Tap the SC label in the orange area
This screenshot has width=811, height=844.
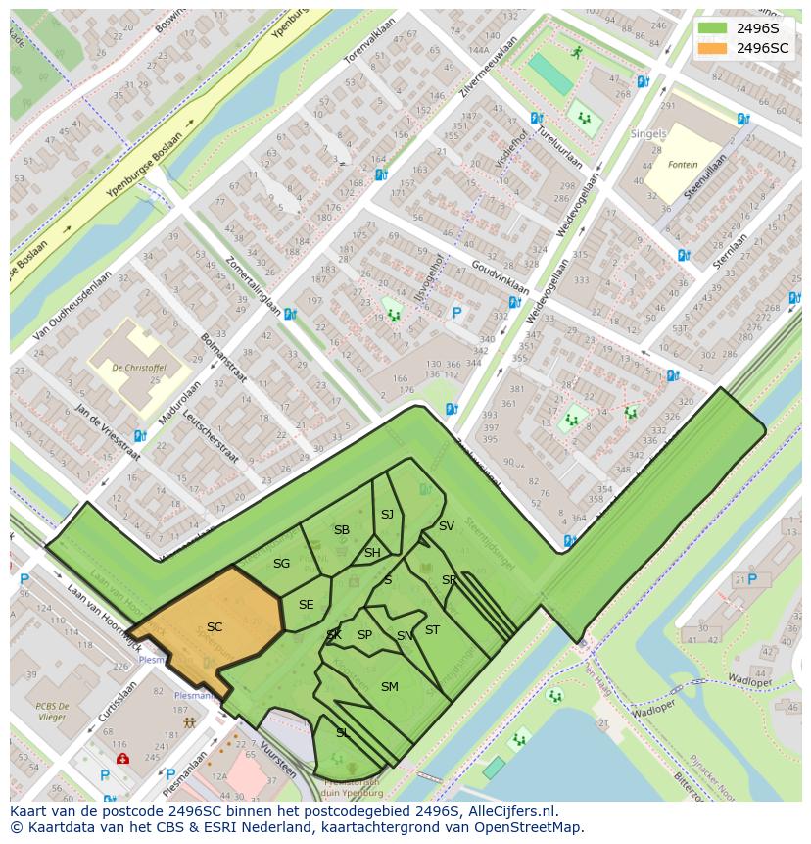[215, 627]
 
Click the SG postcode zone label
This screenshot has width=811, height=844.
[281, 564]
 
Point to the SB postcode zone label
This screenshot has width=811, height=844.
[341, 530]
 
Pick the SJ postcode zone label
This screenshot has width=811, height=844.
[387, 515]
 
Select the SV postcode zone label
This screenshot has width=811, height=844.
[446, 526]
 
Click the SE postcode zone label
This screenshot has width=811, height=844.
[306, 605]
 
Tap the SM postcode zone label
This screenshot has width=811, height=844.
[389, 687]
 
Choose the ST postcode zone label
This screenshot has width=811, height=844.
[432, 630]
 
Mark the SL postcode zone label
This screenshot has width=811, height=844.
[342, 733]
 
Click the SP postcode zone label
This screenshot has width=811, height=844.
[364, 635]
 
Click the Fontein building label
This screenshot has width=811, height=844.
[683, 165]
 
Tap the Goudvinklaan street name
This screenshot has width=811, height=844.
[500, 277]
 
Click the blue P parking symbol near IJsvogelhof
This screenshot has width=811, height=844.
[455, 314]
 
